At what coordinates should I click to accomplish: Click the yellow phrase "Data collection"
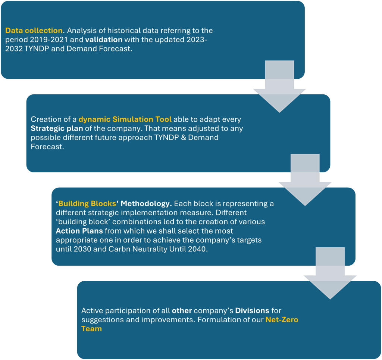pos(34,31)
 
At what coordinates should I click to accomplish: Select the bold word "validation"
pos(104,40)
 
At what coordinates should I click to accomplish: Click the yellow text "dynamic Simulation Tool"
pos(125,119)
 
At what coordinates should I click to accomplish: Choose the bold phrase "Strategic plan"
pos(57,128)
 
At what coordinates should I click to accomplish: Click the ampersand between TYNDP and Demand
pos(184,137)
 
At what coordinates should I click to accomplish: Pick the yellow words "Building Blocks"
pos(87,204)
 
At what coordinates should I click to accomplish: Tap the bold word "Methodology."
pos(146,204)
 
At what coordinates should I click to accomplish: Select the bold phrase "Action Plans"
pos(79,231)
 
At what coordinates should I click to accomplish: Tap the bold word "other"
pos(182,310)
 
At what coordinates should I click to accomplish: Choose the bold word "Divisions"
pos(252,310)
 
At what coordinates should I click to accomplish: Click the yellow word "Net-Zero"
pos(282,320)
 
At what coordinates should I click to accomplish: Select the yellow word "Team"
pos(92,329)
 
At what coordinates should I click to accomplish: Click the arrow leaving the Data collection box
pos(279,87)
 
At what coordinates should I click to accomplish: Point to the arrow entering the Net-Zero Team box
pos(330,273)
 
